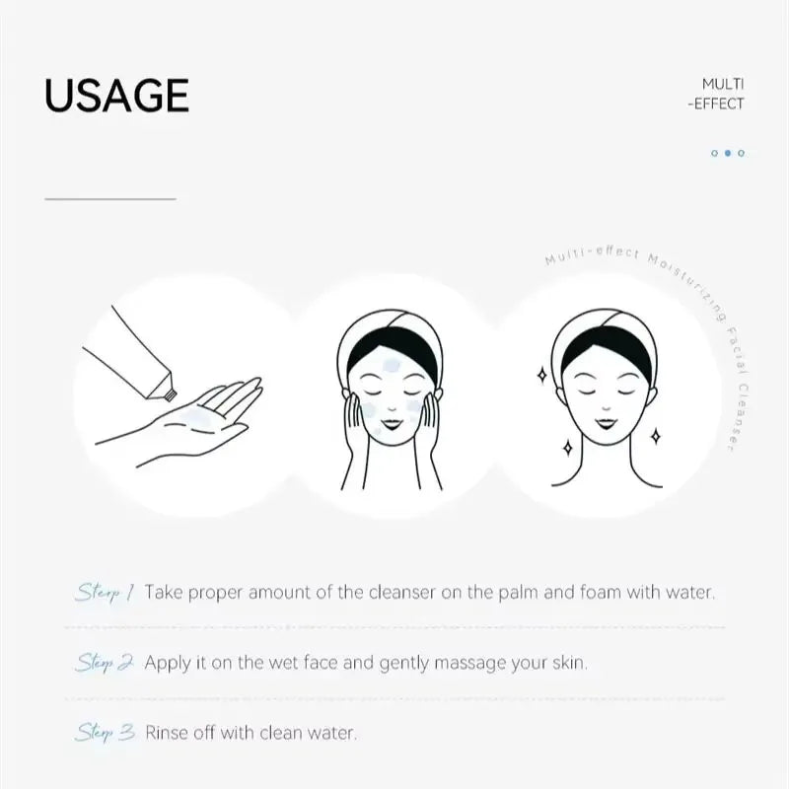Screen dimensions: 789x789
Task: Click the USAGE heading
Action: [116, 95]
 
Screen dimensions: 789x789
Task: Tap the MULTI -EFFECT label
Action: [722, 94]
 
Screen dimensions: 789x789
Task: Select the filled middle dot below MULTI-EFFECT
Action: [728, 153]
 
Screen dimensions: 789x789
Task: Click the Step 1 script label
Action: [104, 593]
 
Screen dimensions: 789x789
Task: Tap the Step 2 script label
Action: [105, 662]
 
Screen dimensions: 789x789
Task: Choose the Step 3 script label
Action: [105, 733]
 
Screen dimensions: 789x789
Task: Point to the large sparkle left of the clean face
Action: [541, 374]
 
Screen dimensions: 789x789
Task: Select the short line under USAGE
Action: [109, 199]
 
